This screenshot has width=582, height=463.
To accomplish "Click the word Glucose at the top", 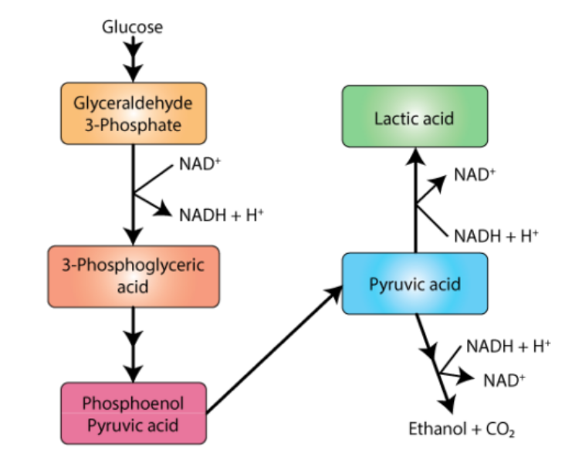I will (132, 27).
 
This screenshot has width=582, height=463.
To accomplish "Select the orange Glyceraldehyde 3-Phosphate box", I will (133, 113).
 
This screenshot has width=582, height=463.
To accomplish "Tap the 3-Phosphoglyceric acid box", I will (133, 275).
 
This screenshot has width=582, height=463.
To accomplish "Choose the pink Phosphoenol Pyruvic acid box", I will (134, 414).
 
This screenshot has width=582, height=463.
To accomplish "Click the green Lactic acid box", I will (415, 117).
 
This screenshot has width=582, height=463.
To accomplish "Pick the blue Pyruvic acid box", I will (415, 283).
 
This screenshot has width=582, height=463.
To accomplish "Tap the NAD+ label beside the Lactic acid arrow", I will (475, 174).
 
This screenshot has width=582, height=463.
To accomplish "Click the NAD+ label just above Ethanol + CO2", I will (504, 379).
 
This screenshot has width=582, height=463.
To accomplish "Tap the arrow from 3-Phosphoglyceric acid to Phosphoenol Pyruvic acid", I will (133, 343).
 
